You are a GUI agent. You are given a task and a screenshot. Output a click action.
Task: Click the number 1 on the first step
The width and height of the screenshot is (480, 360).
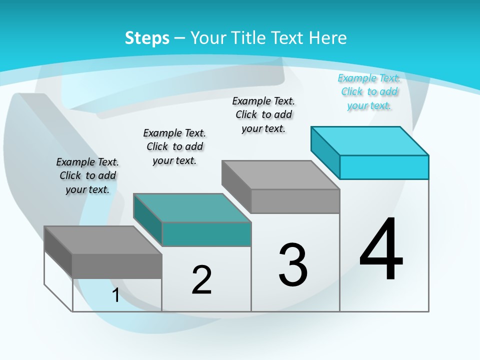point(115,295)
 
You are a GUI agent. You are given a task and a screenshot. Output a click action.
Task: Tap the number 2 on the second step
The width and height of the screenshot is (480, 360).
point(201,280)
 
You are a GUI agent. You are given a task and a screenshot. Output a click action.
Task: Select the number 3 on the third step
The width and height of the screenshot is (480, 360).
point(293,265)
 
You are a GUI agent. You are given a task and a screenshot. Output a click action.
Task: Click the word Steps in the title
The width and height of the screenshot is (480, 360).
point(147,38)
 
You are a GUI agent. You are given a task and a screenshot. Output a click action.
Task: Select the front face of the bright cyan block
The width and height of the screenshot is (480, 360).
point(384,167)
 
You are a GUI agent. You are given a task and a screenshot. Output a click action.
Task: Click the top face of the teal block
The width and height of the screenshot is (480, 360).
point(192,208)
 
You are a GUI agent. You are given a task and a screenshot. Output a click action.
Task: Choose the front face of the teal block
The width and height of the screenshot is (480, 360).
point(206,234)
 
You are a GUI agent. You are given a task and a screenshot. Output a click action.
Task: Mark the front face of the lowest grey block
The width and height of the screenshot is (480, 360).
point(117,266)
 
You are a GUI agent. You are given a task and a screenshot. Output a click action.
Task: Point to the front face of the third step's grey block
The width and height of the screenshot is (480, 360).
point(295,201)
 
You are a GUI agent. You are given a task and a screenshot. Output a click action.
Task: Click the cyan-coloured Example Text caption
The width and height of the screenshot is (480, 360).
point(369,91)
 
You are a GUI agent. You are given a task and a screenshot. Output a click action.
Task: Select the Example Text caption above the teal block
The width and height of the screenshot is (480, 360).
point(174,146)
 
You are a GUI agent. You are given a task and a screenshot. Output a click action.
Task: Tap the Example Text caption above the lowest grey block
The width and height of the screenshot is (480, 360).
point(87,175)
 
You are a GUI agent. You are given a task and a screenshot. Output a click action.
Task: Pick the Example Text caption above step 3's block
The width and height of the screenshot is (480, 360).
point(263,114)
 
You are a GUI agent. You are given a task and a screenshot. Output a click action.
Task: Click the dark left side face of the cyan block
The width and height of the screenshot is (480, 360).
point(325,152)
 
